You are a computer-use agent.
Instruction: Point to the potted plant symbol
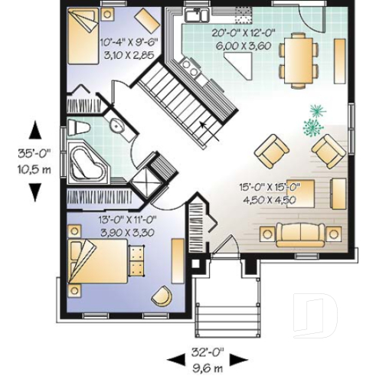(314, 120)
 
